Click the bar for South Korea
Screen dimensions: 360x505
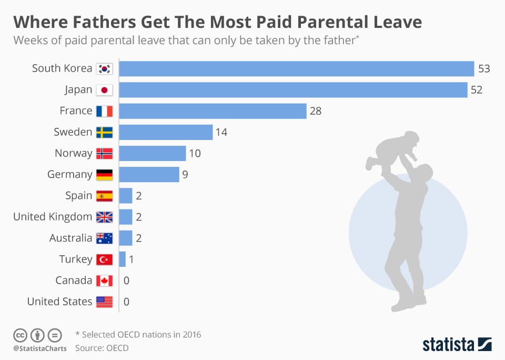tap(297, 68)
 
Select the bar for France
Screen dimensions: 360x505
tap(213, 111)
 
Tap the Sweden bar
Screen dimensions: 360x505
tap(166, 132)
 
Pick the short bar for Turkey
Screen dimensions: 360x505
tap(123, 259)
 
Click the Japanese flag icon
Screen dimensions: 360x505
tap(104, 90)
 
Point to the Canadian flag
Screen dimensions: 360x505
tap(104, 281)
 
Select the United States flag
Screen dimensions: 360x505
tap(104, 302)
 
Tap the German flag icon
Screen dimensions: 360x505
tap(104, 174)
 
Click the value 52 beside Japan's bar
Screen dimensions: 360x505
tap(477, 90)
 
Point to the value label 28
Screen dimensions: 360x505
tap(315, 111)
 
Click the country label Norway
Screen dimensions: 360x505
tap(73, 153)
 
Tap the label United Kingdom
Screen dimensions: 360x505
tap(53, 217)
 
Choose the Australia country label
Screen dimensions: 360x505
tap(70, 238)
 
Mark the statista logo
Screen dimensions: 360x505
tap(457, 345)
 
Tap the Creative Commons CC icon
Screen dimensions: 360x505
tap(20, 335)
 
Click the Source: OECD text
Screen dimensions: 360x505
tap(102, 348)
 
